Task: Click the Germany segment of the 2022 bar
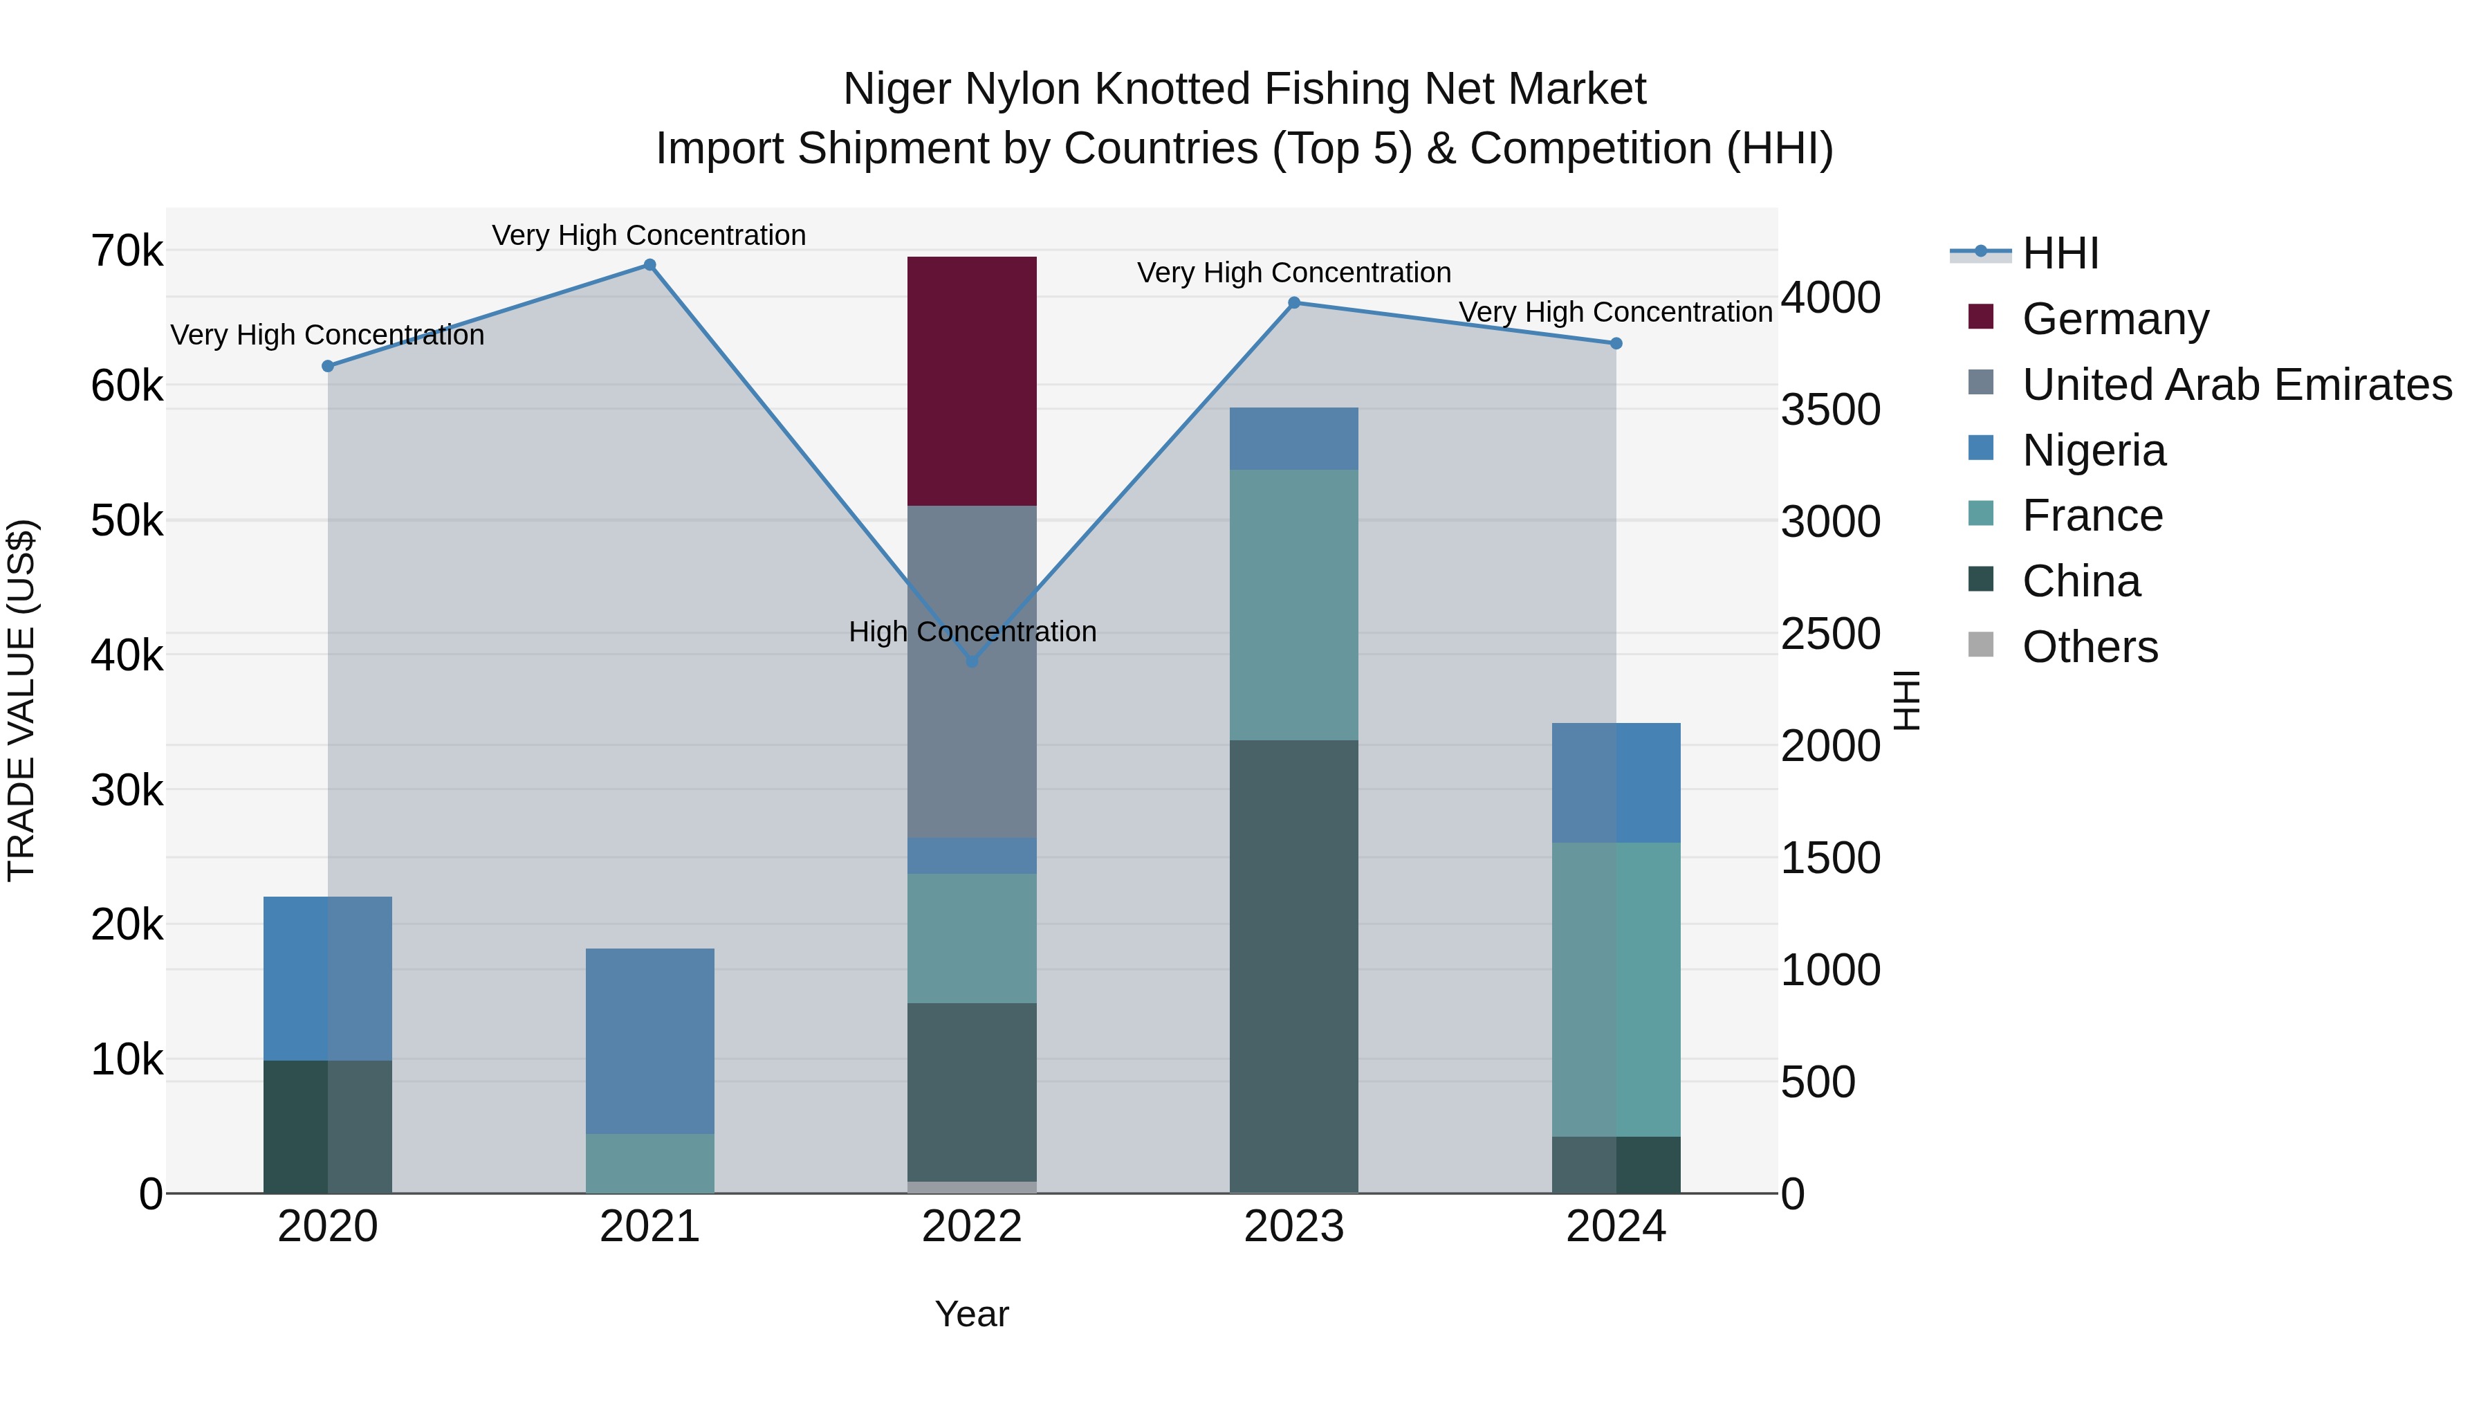(x=972, y=381)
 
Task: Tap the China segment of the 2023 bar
(x=1293, y=967)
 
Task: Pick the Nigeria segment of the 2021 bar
(x=649, y=1041)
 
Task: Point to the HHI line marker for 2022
(x=972, y=661)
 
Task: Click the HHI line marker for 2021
(x=649, y=265)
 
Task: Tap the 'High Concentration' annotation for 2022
(x=972, y=632)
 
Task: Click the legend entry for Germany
(x=2115, y=319)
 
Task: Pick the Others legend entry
(x=2089, y=647)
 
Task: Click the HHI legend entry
(x=2060, y=253)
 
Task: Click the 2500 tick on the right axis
(x=1829, y=634)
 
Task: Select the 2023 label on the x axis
(x=1293, y=1227)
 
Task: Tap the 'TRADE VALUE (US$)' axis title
(x=21, y=700)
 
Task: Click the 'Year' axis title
(x=972, y=1314)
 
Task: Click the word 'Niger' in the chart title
(x=897, y=89)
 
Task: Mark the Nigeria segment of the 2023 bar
(x=1293, y=438)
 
